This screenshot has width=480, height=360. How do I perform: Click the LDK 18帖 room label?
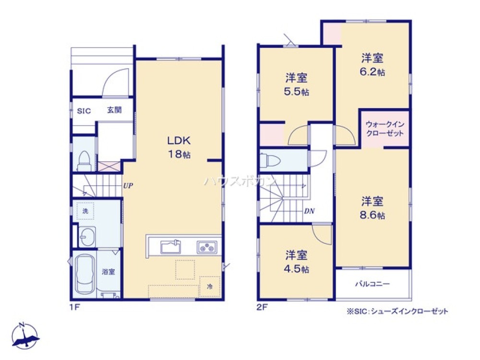(179, 147)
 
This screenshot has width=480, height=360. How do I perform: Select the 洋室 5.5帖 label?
(296, 84)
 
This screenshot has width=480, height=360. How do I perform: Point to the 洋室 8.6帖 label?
(372, 207)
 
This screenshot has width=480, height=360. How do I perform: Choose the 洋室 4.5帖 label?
(296, 262)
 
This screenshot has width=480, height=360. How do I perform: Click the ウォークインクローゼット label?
(384, 129)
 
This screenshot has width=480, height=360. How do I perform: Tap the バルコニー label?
(372, 284)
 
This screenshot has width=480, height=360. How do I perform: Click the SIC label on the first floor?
(84, 111)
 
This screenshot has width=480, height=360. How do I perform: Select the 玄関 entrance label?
(114, 110)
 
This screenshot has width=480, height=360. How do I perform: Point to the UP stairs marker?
(127, 185)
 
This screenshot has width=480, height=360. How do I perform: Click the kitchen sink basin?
(170, 248)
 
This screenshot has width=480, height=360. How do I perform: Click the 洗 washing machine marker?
(84, 210)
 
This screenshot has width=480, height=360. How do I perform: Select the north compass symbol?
(24, 334)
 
